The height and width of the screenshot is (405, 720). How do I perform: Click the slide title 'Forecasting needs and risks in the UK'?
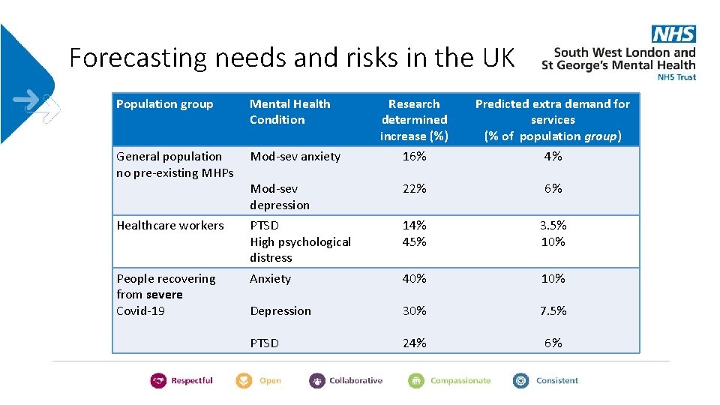tap(292, 57)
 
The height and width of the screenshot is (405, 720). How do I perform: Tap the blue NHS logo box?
tap(673, 34)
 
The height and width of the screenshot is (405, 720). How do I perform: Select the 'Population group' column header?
tap(165, 104)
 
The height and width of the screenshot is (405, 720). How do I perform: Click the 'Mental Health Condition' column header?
tap(289, 112)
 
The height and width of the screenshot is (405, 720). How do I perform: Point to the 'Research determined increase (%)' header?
tap(414, 120)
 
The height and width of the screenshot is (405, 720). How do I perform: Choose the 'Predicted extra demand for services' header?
tap(553, 120)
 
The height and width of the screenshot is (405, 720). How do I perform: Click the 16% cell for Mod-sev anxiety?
tap(414, 157)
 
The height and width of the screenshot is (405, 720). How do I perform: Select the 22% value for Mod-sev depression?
tap(414, 189)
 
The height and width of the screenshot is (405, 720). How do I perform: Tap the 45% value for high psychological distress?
tap(414, 241)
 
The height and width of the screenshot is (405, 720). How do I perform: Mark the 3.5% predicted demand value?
tap(553, 225)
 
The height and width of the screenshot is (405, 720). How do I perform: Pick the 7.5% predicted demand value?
tap(553, 310)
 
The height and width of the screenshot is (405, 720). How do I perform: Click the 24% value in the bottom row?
tap(414, 343)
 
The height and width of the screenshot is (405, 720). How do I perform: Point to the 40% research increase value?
tap(414, 278)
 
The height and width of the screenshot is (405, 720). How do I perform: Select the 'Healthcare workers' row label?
tap(170, 225)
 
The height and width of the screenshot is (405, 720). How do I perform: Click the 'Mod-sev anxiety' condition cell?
tap(295, 157)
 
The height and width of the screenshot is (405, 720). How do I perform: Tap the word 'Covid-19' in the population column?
tap(140, 310)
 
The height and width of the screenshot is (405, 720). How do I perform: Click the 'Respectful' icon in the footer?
tap(158, 381)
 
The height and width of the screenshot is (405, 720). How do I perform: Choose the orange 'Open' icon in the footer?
tap(244, 381)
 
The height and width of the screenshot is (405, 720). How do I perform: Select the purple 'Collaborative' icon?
tap(317, 381)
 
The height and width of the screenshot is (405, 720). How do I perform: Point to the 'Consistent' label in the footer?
tap(556, 381)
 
